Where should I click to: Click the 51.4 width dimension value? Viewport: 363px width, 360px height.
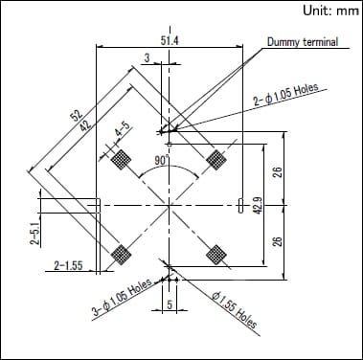pos(170,41)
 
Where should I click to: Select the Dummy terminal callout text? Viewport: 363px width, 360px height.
pos(303,42)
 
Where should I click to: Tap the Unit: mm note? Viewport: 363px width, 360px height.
pos(330,11)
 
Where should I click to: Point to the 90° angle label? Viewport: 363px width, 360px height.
pos(162,160)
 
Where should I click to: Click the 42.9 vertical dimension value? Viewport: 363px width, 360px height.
pos(258,205)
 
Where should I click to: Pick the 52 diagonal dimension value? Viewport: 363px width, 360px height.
pos(77,115)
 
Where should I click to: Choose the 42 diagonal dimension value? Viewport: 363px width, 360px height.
pos(85,123)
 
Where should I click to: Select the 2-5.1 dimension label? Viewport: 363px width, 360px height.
pos(35,234)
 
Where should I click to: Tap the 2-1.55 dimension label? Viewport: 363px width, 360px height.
pos(68,265)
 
